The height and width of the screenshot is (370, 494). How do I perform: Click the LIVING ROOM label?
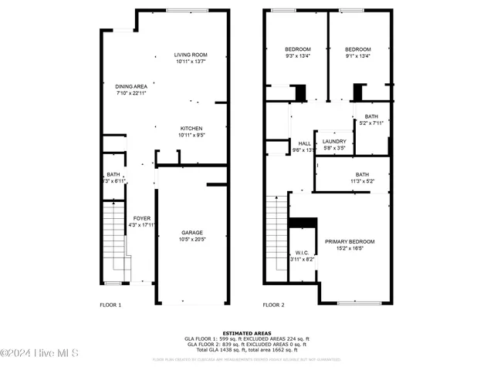pyautogui.click(x=191, y=55)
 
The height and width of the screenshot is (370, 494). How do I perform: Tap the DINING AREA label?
pyautogui.click(x=131, y=86)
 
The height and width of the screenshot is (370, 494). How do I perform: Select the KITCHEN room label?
pyautogui.click(x=191, y=128)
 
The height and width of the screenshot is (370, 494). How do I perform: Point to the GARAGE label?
pyautogui.click(x=192, y=232)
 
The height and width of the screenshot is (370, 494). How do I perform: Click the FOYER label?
pyautogui.click(x=142, y=218)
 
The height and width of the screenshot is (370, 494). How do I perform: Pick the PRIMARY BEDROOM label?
pyautogui.click(x=350, y=241)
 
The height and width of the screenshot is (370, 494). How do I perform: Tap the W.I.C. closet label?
pyautogui.click(x=302, y=253)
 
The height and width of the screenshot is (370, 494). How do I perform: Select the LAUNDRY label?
pyautogui.click(x=334, y=141)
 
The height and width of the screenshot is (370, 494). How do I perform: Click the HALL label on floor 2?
pyautogui.click(x=304, y=143)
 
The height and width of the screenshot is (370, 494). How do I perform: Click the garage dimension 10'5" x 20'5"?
pyautogui.click(x=192, y=239)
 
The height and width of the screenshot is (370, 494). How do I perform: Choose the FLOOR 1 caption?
pyautogui.click(x=111, y=304)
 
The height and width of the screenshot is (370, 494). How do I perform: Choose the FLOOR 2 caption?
pyautogui.click(x=273, y=304)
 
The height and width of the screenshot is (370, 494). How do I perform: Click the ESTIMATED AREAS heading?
pyautogui.click(x=247, y=332)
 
